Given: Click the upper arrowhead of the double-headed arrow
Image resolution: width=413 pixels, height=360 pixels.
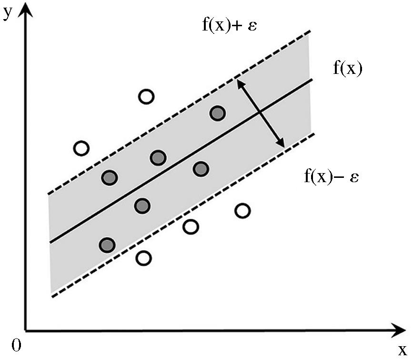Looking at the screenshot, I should (x=241, y=83).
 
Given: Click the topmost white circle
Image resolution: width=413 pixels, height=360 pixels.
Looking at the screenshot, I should (x=146, y=97).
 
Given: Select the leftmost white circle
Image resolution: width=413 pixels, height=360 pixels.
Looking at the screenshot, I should (x=81, y=148).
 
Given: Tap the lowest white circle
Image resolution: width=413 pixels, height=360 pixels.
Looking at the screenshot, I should (x=143, y=258).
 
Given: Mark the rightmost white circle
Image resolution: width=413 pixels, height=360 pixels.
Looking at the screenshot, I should (x=243, y=210).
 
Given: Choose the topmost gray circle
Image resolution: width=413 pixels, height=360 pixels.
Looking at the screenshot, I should (x=218, y=113).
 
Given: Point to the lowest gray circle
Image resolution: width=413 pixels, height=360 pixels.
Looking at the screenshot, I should (x=108, y=245).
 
